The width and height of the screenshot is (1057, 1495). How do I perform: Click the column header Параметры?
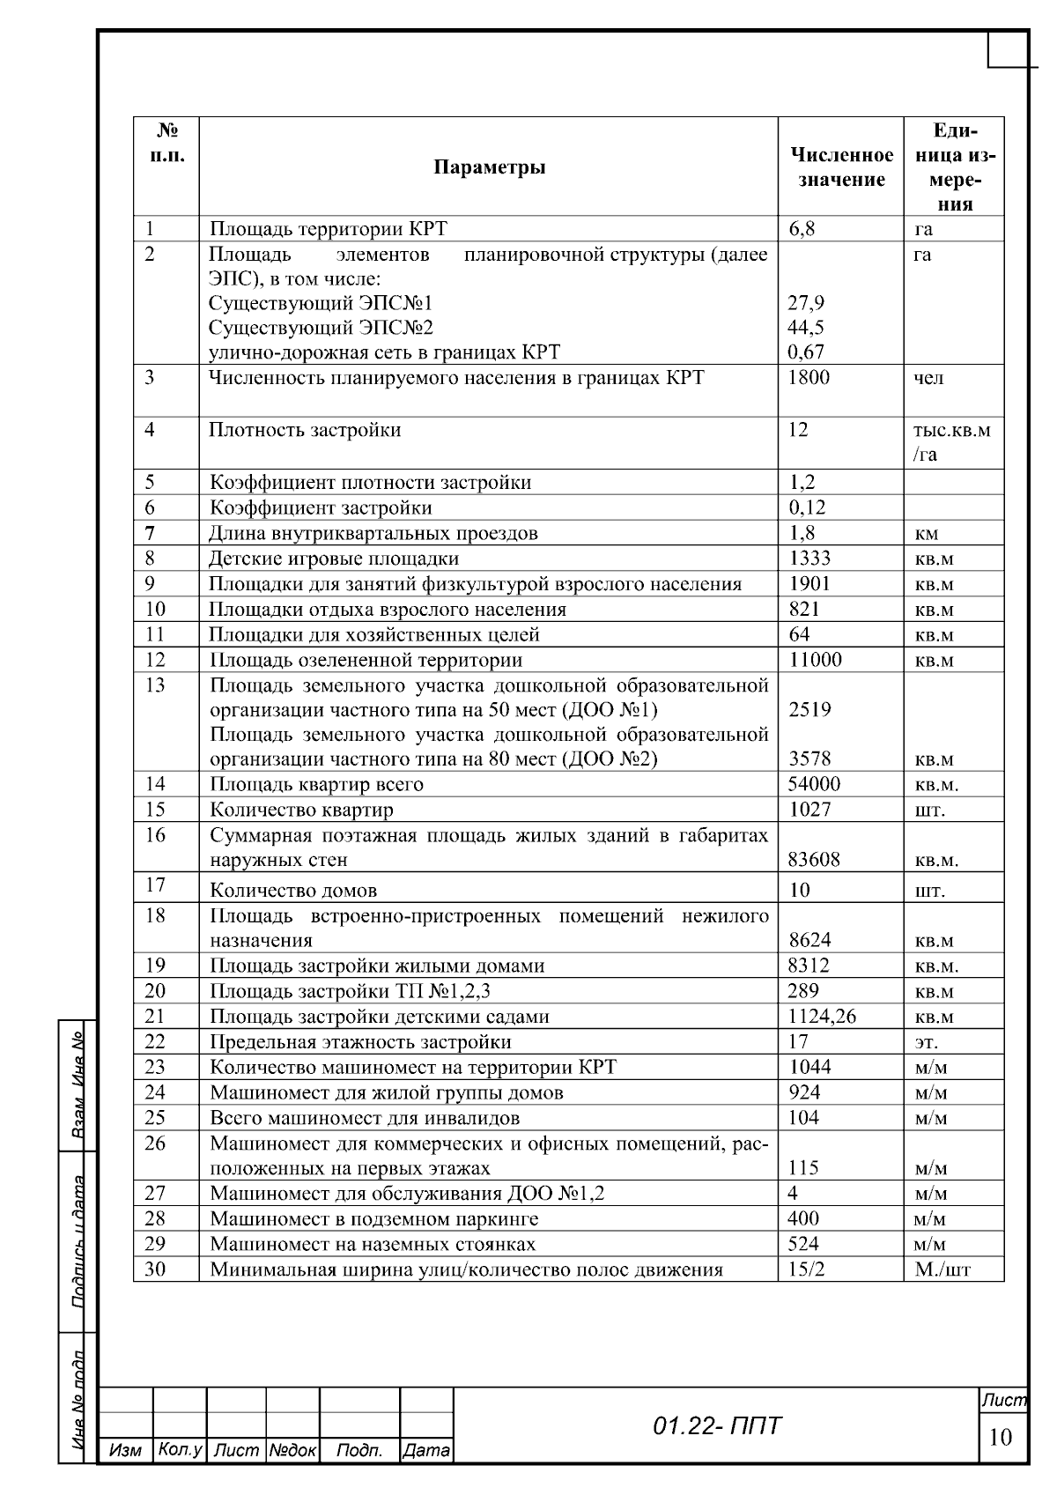coord(489,167)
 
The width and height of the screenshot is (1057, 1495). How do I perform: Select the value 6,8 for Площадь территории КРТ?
coord(802,229)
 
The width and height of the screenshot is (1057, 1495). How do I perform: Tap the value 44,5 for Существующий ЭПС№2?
coord(805,328)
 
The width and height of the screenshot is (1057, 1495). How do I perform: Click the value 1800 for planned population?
coord(809,378)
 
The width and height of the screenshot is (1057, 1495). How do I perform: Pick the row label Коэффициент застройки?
coord(321,507)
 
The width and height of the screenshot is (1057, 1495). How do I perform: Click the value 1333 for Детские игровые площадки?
coord(809,559)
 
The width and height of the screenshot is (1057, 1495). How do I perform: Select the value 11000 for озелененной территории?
coord(814,660)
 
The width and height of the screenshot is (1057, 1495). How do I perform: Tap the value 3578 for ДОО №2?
coord(809,759)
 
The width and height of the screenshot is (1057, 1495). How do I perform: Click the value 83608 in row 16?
coord(814,860)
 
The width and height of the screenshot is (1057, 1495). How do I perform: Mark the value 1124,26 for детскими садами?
coord(821,1017)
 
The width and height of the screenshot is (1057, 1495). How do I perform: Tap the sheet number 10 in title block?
coord(1000,1438)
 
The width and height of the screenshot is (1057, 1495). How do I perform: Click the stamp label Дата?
coord(426,1450)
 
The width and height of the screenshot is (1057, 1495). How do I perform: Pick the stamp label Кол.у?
coord(180,1450)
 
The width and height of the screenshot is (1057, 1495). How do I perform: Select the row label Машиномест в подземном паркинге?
coord(373,1219)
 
